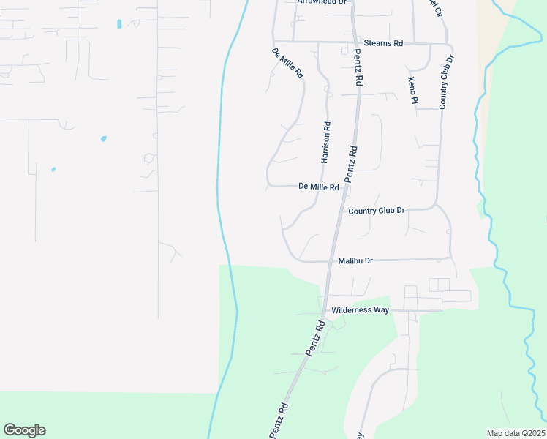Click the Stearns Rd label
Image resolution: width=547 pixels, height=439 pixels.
point(388,44)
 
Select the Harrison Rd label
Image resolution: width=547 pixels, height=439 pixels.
point(326,142)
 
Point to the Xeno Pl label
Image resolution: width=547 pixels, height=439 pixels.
point(412,90)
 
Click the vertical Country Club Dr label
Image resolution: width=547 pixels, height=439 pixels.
point(446,82)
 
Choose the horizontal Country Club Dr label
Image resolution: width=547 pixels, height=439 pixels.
point(377,211)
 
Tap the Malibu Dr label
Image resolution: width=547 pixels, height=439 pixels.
point(355,260)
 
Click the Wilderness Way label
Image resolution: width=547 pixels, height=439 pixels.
point(360,310)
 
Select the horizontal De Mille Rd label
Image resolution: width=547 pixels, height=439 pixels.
point(319,187)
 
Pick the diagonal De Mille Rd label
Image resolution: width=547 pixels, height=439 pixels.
point(287,63)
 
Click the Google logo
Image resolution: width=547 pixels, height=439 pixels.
point(24,430)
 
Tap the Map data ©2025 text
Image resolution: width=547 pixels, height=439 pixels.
point(516,433)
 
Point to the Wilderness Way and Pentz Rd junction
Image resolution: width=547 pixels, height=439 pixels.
point(324,311)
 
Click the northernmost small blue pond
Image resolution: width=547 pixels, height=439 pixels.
point(118,24)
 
